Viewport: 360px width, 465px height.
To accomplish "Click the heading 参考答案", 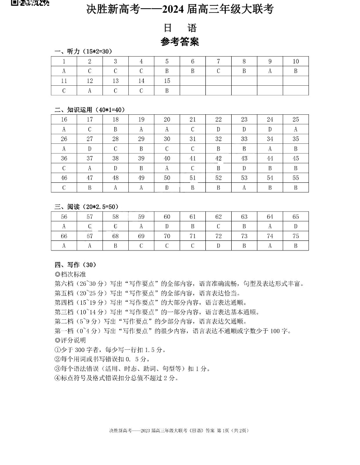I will coord(180,42).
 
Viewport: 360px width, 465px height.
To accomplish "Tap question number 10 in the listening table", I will coord(296,61).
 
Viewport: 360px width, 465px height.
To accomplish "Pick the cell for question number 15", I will coord(167,81).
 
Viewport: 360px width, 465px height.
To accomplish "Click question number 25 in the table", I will coord(296,119).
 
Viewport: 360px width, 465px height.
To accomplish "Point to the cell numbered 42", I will coord(219,158).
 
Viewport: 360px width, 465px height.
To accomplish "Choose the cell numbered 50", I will coord(167,178).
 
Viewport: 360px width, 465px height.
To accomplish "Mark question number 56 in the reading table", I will coord(64,217).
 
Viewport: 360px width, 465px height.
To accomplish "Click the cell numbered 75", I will coord(296,236).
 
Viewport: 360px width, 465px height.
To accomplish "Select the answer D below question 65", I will coord(296,226).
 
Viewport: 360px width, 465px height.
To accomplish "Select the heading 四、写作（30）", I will coord(75,265).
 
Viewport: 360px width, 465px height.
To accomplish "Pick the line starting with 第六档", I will coord(179,284).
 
